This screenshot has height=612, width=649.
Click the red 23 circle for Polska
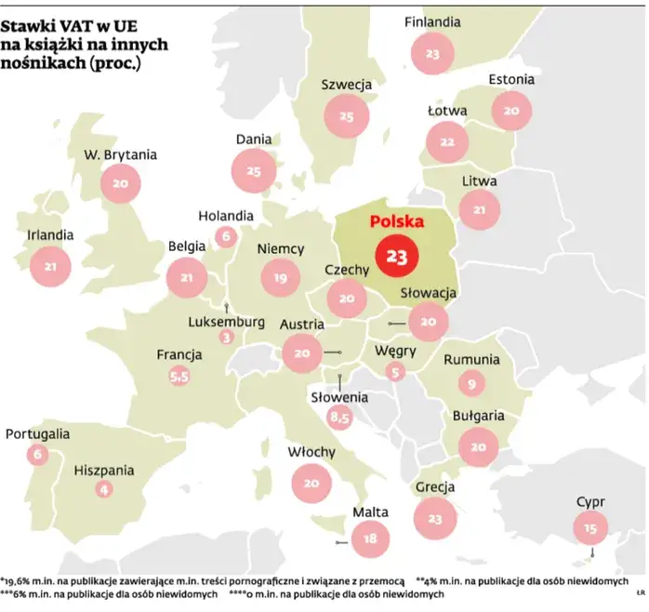click(395, 257)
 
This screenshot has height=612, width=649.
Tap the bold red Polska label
click(396, 222)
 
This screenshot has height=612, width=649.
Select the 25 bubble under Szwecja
click(347, 116)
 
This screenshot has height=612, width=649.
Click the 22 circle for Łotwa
click(448, 141)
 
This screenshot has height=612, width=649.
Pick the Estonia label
click(511, 79)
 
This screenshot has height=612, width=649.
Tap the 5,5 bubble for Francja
click(179, 377)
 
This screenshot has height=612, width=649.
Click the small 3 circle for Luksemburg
click(226, 337)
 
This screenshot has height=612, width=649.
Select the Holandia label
click(226, 216)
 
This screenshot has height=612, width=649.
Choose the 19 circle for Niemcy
click(281, 276)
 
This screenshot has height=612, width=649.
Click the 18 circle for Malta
click(370, 538)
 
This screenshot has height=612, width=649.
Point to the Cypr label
click(590, 503)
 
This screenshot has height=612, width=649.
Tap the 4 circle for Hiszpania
click(103, 489)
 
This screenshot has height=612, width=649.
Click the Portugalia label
click(38, 433)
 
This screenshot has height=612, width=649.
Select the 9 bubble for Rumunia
click(472, 381)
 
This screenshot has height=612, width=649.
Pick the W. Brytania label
click(120, 155)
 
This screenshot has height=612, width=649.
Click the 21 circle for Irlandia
click(50, 267)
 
